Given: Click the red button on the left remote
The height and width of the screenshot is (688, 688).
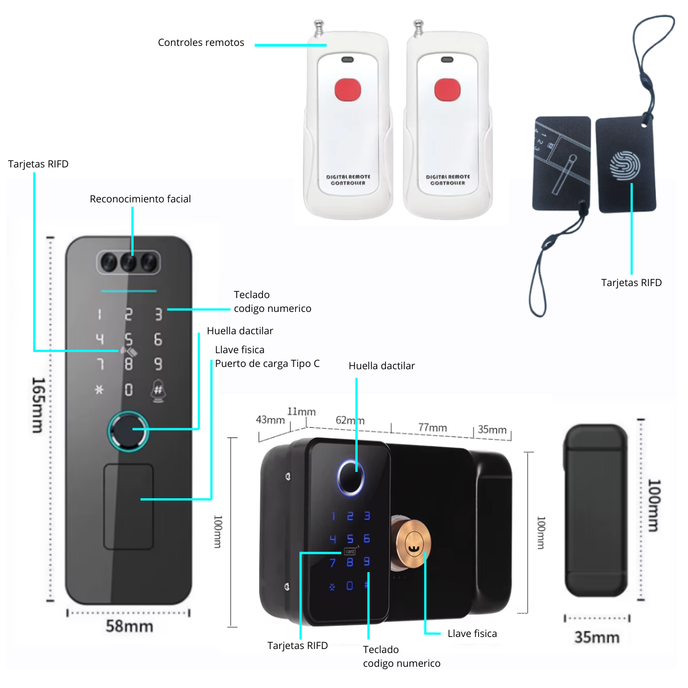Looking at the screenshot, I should [x=347, y=90].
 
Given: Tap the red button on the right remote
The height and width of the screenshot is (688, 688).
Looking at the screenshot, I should [x=447, y=90].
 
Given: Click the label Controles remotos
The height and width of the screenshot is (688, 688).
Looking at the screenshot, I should [x=201, y=42].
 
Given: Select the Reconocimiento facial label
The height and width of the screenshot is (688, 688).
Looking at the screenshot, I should [x=140, y=199].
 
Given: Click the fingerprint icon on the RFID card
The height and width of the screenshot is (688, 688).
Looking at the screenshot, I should [x=624, y=165].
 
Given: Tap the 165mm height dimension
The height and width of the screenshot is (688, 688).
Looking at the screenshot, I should [x=38, y=404].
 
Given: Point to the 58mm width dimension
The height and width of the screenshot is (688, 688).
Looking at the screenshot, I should [x=129, y=626].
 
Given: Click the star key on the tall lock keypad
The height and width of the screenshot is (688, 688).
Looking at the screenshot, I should [x=99, y=390].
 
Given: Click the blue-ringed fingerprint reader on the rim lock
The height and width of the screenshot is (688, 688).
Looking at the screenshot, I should [x=350, y=476].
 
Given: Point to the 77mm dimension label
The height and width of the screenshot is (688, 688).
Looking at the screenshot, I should [x=432, y=428].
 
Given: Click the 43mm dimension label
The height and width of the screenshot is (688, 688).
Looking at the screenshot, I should [x=270, y=420].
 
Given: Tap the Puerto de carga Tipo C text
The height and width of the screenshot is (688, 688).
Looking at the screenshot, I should [x=267, y=363].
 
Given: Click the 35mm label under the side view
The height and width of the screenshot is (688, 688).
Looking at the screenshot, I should [x=596, y=637].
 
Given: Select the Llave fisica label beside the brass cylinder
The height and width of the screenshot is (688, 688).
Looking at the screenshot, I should [x=472, y=634].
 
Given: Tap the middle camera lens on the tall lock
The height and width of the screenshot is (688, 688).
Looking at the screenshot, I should [x=128, y=263].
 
